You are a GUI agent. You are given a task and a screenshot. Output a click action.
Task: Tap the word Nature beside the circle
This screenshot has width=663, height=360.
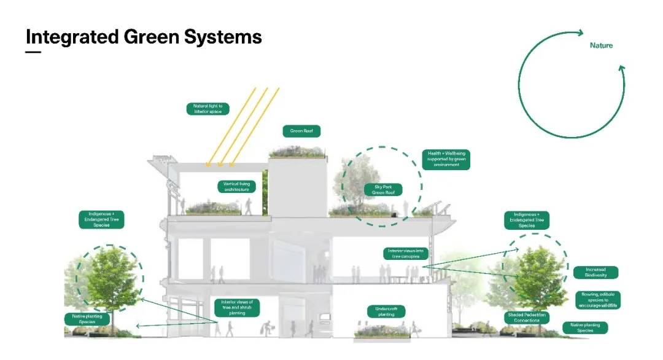(x=601, y=45)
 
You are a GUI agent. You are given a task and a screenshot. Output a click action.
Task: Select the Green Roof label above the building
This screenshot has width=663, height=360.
(x=301, y=131)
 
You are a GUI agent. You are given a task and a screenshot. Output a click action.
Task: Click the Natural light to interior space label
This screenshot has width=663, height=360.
(x=207, y=109)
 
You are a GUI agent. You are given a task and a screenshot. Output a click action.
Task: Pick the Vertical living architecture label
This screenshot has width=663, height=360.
(x=236, y=186)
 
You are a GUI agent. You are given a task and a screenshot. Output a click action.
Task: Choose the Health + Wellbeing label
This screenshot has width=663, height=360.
(x=446, y=159)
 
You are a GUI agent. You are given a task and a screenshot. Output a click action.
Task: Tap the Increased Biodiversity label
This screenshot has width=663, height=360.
(x=595, y=272)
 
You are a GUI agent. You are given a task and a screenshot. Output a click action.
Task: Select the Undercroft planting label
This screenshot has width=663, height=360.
(x=386, y=311)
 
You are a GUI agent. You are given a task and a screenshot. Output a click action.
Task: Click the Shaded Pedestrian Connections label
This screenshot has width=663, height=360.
(x=527, y=318)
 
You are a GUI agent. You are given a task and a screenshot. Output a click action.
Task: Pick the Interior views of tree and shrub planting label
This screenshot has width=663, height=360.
(x=237, y=307)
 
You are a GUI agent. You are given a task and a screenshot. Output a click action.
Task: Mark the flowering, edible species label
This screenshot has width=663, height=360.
(x=598, y=299)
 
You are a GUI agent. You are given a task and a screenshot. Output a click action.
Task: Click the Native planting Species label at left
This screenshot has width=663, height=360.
(x=88, y=319)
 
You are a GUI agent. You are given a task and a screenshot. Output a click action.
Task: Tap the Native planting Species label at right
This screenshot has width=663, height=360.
(x=585, y=327)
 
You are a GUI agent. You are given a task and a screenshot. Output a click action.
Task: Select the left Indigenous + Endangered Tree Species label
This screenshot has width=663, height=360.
(x=101, y=219)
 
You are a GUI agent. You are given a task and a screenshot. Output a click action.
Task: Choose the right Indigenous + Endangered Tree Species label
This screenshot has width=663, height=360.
(x=527, y=220)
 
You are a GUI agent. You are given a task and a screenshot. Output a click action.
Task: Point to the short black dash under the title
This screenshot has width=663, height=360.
(x=33, y=52)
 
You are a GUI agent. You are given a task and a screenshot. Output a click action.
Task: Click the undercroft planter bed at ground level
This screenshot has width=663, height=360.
(x=382, y=332)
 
